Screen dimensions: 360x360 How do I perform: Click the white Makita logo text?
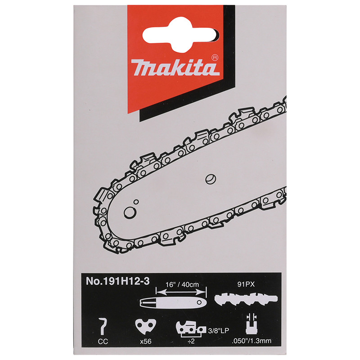pos(175,67)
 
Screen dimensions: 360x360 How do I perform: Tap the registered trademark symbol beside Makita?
pos(215,58)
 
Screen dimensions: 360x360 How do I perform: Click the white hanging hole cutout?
pos(180,35)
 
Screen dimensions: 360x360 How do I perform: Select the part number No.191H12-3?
pos(117,281)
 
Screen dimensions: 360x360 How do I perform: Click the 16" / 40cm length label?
pos(182,284)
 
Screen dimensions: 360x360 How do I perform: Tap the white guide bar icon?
pos(173,302)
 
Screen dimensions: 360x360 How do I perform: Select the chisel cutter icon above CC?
pos(103,326)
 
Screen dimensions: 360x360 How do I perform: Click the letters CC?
pos(103,342)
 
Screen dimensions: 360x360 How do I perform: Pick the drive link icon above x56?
pos(145,326)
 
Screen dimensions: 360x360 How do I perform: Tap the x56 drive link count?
pos(146,342)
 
